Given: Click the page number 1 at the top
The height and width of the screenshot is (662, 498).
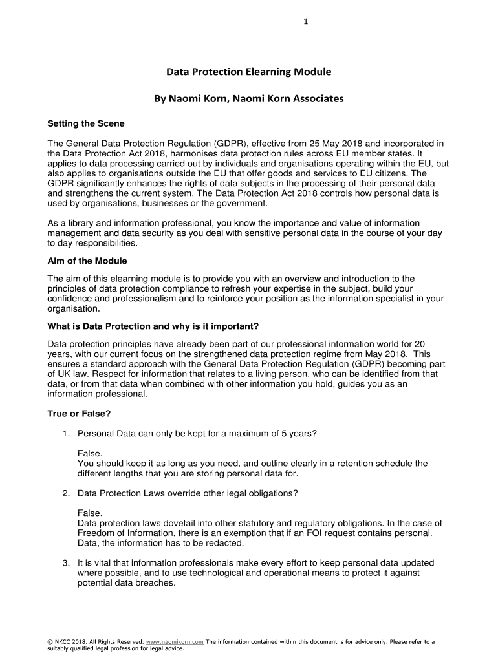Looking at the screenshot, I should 305,21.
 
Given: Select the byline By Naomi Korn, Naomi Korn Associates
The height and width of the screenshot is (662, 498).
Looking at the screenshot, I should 248,99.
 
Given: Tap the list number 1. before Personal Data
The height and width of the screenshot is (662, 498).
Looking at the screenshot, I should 66,433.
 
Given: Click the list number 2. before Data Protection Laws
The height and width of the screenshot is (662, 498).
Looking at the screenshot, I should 66,493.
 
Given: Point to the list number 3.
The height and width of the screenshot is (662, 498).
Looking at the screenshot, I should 66,562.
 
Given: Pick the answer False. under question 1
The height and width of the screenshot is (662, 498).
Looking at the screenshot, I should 90,453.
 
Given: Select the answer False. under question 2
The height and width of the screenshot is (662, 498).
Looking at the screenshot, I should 90,513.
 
